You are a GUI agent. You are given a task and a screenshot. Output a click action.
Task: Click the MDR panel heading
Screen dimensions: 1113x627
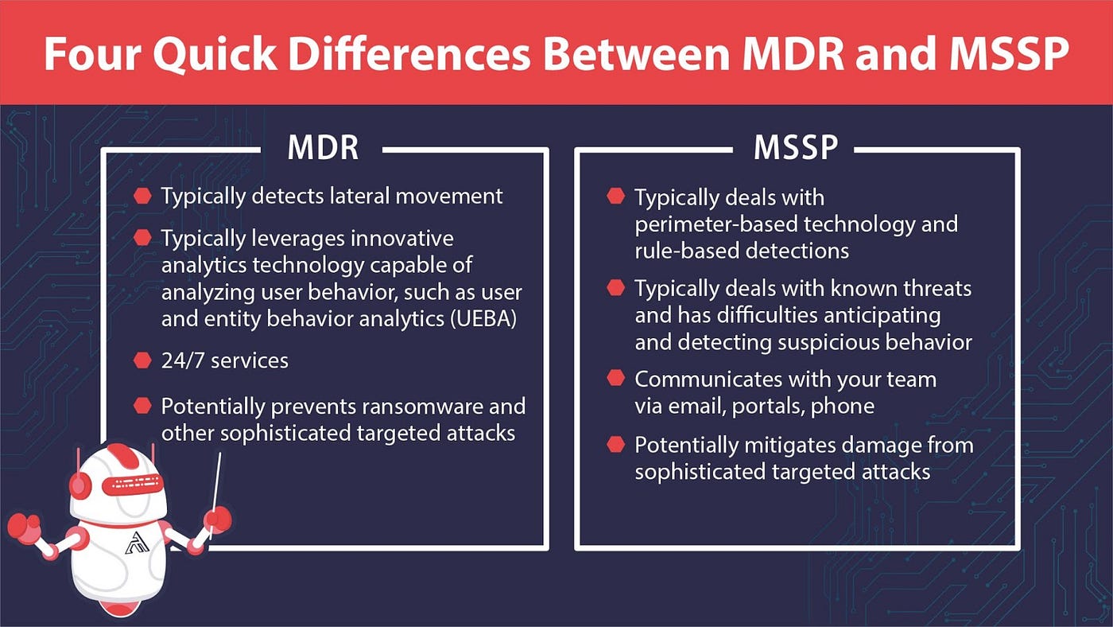(322, 149)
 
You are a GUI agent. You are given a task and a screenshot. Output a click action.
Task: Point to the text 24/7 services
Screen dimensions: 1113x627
(224, 360)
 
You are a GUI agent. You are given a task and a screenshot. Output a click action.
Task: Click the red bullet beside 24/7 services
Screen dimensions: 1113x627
(143, 360)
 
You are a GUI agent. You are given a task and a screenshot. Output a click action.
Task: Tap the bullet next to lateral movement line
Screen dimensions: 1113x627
(143, 196)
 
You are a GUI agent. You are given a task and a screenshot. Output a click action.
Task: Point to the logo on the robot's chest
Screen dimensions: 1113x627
(134, 543)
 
